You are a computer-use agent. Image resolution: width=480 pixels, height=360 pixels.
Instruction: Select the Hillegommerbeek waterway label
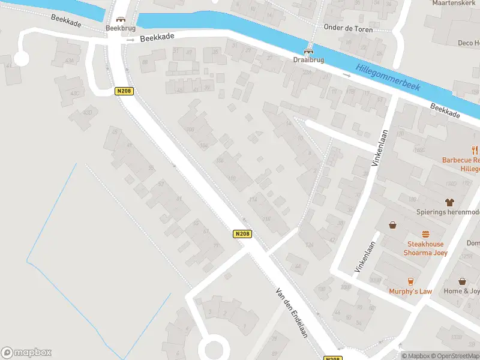point(388,77)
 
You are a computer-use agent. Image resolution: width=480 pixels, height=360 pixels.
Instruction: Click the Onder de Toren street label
point(348,29)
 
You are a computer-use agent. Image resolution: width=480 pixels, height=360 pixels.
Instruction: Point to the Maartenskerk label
point(454,3)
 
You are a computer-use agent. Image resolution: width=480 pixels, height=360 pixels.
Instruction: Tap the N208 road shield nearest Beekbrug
point(124,91)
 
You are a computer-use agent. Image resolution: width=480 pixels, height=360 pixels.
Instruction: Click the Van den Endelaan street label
point(292,312)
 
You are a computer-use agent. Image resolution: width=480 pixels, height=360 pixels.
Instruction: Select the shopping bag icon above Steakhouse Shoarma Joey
point(393,225)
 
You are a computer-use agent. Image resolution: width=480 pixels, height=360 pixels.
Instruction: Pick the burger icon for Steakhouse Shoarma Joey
point(426,234)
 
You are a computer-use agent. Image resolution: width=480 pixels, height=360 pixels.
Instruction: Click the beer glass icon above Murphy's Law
point(411,281)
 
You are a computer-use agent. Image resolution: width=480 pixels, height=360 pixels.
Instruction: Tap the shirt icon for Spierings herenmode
point(449,202)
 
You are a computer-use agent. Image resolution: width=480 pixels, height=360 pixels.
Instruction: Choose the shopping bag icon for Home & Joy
point(463,281)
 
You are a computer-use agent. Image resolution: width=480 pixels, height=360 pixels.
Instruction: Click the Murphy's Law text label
point(410,292)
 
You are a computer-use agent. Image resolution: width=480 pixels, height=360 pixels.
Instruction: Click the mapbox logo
point(26,353)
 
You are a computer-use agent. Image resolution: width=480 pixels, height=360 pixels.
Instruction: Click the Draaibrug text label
point(309,61)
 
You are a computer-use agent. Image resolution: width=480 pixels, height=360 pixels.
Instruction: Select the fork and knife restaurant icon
point(475,151)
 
